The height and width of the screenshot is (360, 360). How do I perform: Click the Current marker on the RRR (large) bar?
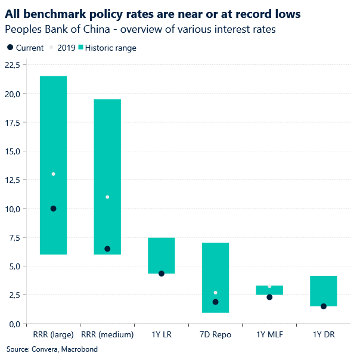53,209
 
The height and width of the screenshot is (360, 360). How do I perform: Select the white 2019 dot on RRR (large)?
53,174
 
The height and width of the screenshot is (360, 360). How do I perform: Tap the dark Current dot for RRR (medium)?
107,249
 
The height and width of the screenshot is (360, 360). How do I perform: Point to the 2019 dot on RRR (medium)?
107,197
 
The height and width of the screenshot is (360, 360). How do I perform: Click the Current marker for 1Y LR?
162,274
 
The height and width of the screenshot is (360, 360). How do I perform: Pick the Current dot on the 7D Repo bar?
215,302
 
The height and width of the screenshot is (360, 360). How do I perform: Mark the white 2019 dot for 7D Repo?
215,293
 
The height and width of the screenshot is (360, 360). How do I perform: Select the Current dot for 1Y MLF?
269,297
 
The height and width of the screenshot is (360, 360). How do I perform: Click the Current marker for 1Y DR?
324,306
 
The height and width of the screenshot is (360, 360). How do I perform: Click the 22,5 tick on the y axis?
13,65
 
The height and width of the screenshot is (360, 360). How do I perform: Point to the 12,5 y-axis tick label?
13,180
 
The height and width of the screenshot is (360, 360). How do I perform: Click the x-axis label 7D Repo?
215,336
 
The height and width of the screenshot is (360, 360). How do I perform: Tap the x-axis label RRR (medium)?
107,336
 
